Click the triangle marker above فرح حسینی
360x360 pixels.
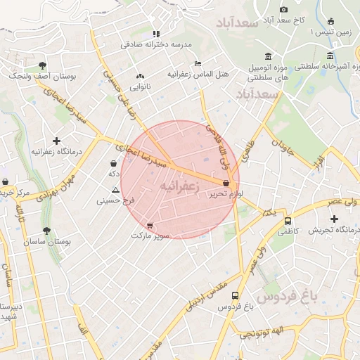pos(115,191)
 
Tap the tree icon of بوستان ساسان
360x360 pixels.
pos(47,231)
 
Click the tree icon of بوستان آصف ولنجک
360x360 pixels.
pos(44,65)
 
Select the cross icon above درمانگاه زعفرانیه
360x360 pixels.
pos(57,141)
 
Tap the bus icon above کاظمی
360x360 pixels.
pos(287,220)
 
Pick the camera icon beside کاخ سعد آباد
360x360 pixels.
pos(283,9)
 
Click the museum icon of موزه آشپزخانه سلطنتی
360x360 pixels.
pos(330,56)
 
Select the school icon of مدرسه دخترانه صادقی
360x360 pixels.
pos(156,33)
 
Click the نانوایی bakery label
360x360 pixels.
pos(139,86)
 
